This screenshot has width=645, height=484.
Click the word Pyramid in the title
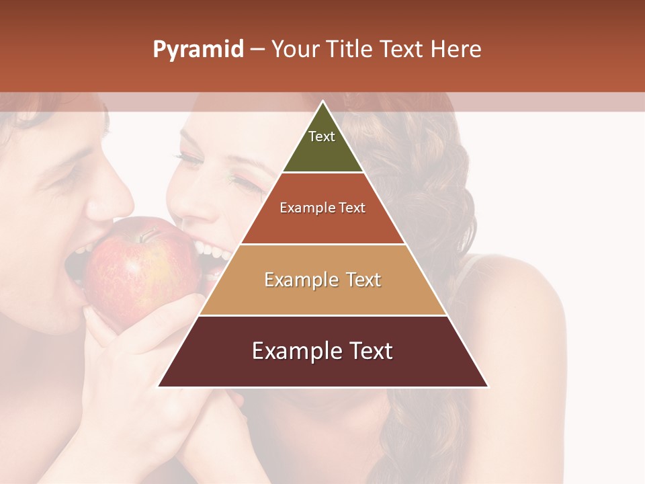click(198, 50)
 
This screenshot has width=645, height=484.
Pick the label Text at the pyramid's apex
click(322, 136)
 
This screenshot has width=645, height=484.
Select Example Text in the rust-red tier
click(322, 208)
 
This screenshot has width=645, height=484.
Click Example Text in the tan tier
click(322, 280)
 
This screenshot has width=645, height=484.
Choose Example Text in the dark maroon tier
click(322, 351)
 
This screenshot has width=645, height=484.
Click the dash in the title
click(257, 50)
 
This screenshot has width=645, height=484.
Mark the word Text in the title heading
click(402, 50)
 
